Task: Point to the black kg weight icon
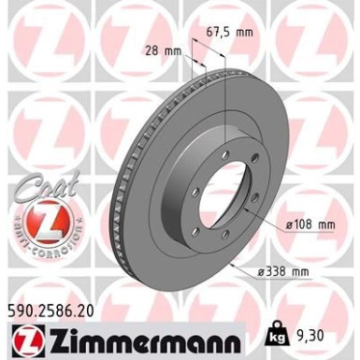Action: (x=275, y=333)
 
